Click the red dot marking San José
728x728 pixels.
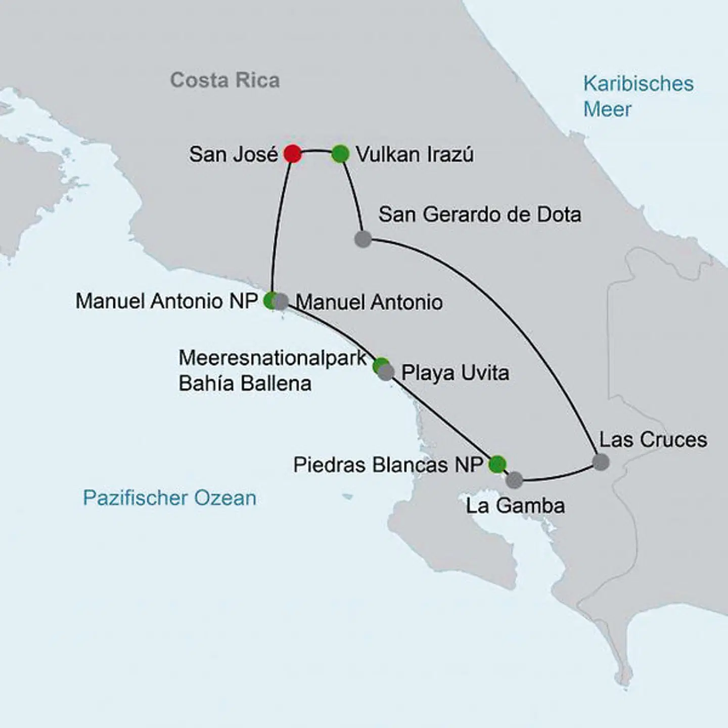pyautogui.click(x=292, y=154)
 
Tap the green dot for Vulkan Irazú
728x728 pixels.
pyautogui.click(x=340, y=154)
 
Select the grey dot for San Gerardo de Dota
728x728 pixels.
pyautogui.click(x=362, y=239)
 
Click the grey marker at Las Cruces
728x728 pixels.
pyautogui.click(x=600, y=462)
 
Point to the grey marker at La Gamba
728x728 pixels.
pyautogui.click(x=514, y=480)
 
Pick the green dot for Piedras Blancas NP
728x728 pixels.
pyautogui.click(x=497, y=464)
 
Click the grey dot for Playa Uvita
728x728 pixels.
pyautogui.click(x=386, y=373)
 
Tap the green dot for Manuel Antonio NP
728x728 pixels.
pyautogui.click(x=270, y=300)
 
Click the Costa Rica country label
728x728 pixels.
pyautogui.click(x=224, y=80)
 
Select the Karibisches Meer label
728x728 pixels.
pyautogui.click(x=638, y=96)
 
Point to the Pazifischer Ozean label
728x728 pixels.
pyautogui.click(x=169, y=498)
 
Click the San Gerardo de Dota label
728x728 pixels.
pyautogui.click(x=479, y=214)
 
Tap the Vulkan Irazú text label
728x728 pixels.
pyautogui.click(x=415, y=154)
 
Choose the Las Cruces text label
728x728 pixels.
pyautogui.click(x=653, y=439)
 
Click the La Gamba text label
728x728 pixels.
pyautogui.click(x=515, y=506)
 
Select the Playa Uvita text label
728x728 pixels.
pyautogui.click(x=455, y=373)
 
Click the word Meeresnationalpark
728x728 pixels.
pyautogui.click(x=272, y=358)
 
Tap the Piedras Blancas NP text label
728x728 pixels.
pyautogui.click(x=388, y=465)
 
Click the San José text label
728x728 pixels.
pyautogui.click(x=233, y=154)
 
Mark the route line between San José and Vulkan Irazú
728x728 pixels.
pyautogui.click(x=316, y=150)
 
